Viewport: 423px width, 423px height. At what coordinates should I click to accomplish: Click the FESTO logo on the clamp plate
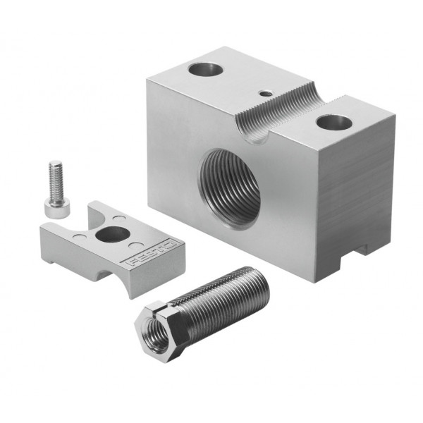[153, 252]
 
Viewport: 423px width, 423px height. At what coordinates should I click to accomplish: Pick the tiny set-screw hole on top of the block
[266, 94]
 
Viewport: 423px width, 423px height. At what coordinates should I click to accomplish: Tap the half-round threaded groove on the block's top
[281, 114]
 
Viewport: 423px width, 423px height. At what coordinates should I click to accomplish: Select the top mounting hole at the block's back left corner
[206, 69]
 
